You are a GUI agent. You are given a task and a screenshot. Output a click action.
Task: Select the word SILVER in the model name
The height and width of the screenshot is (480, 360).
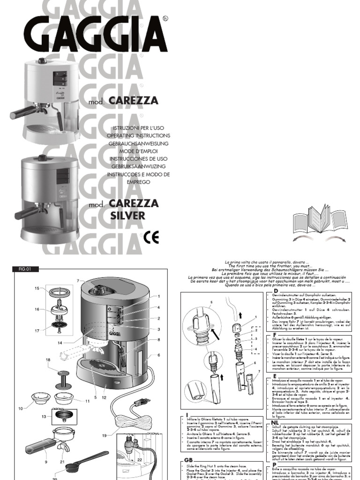[x=127, y=216]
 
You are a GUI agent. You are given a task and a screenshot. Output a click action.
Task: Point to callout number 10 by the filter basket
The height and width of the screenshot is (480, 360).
[x=21, y=409]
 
